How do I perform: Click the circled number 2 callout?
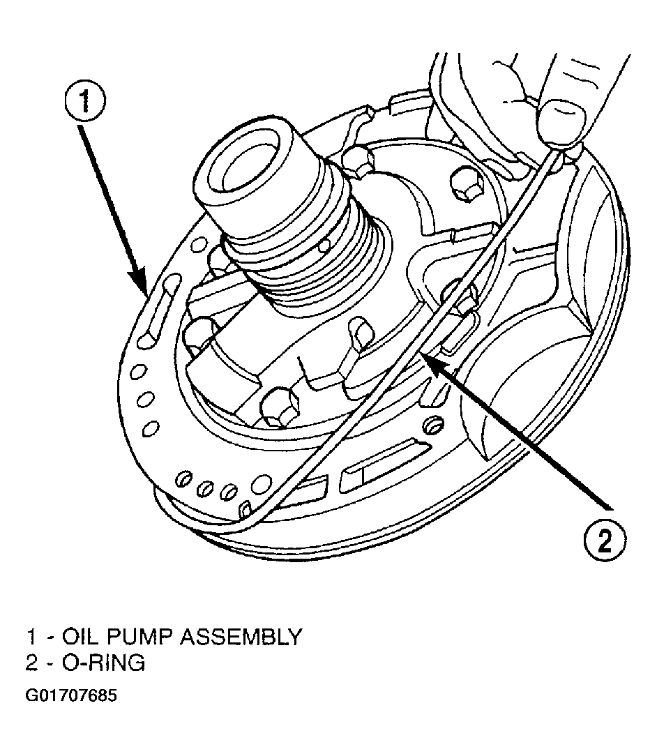click(605, 541)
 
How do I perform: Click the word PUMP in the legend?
click(139, 637)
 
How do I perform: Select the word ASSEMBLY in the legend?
click(241, 637)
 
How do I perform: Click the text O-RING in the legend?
click(103, 663)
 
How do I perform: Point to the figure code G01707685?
click(71, 696)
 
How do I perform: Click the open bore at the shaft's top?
click(248, 165)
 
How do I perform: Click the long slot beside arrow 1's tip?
click(159, 310)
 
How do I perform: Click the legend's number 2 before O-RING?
click(31, 663)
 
